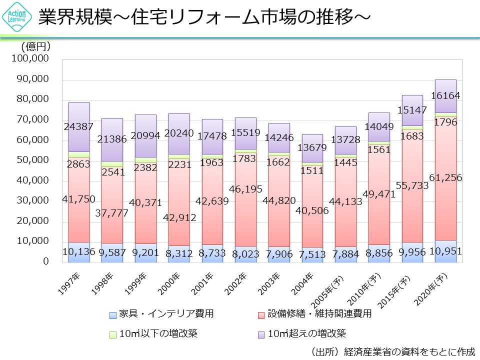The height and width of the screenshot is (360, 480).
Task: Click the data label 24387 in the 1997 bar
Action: pyautogui.click(x=78, y=126)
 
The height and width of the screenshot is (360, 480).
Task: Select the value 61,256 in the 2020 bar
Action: pyautogui.click(x=445, y=177)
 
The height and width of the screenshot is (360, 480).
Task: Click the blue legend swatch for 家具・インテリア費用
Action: pyautogui.click(x=112, y=314)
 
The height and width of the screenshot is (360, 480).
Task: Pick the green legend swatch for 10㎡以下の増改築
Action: pyautogui.click(x=112, y=333)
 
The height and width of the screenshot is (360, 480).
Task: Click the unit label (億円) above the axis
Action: pyautogui.click(x=35, y=46)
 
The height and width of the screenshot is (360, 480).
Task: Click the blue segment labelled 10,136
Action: pyautogui.click(x=78, y=252)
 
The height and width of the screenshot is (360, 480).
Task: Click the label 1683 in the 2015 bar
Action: pyautogui.click(x=411, y=135)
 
